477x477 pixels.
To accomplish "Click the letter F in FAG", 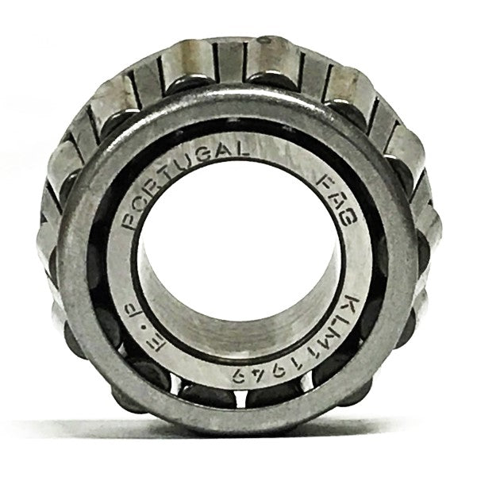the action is pyautogui.click(x=325, y=183).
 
